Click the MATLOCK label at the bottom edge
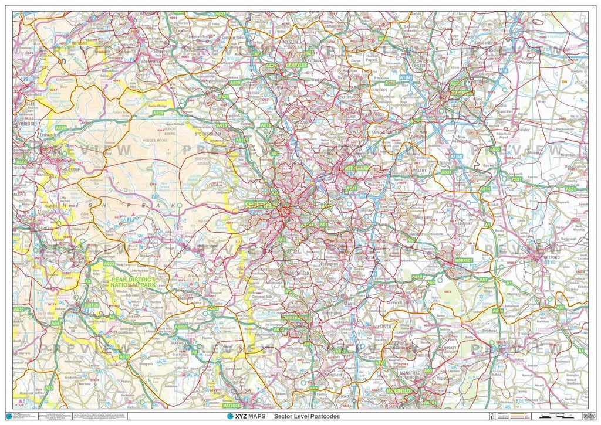[x=233, y=404]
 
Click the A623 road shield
[x=109, y=264]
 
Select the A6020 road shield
[x=181, y=327]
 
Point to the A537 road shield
[x=19, y=309]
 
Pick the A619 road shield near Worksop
[x=417, y=277]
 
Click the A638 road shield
[x=495, y=149]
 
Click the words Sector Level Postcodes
[x=306, y=416]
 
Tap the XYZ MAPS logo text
[x=246, y=416]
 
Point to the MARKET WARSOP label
[x=449, y=349]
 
